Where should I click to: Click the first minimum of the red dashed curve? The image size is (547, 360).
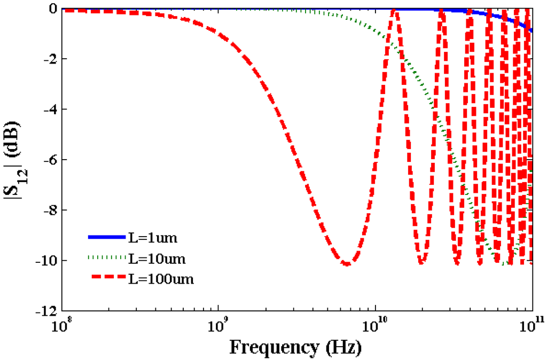[x=347, y=263]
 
